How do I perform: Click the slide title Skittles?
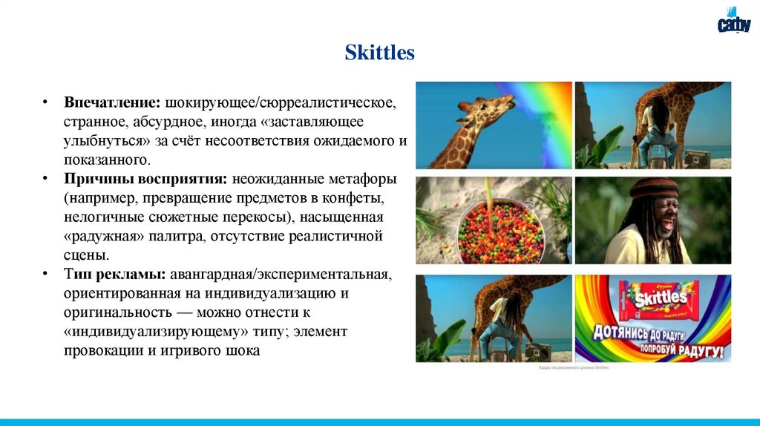379,53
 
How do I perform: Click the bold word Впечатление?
113,101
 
